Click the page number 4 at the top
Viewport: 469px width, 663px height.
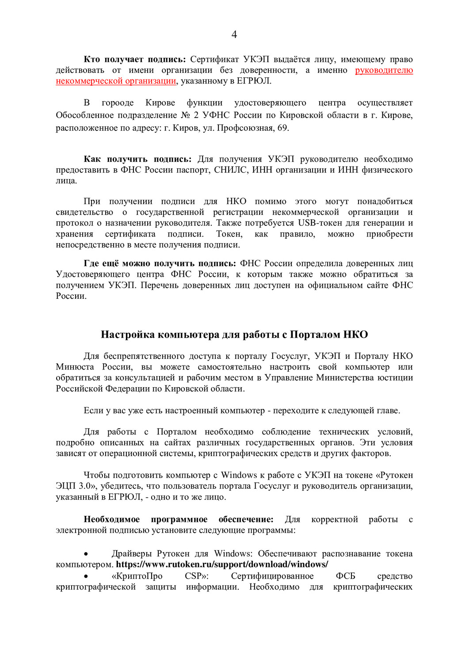[234, 34]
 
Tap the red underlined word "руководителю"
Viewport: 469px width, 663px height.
[384, 70]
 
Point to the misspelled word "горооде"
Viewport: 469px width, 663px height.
[118, 103]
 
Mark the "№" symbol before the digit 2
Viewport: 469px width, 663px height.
[185, 115]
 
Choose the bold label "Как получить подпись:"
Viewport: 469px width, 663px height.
[137, 159]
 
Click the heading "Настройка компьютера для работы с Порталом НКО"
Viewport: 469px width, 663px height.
[234, 335]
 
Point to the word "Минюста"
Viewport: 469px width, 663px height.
[75, 367]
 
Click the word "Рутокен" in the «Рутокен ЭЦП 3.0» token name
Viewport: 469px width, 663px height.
[396, 476]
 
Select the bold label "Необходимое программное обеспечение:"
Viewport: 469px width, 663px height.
[179, 519]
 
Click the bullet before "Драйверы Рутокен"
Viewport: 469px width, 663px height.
[86, 554]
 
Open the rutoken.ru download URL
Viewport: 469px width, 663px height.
[222, 565]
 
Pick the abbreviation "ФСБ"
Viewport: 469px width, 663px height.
[345, 576]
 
